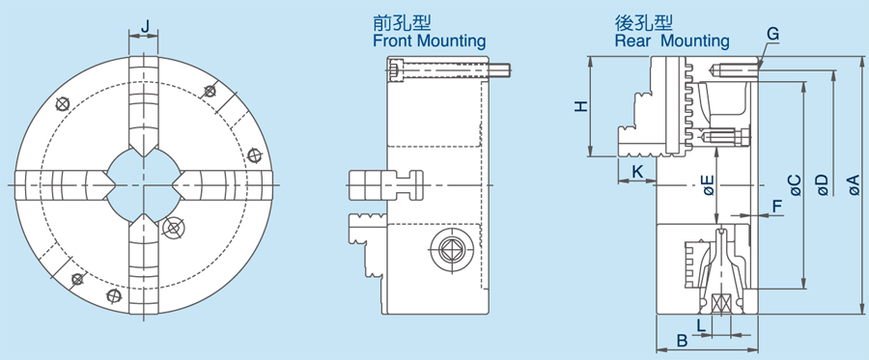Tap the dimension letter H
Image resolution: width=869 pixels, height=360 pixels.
[x=580, y=106]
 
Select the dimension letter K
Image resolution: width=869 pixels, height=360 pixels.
[x=637, y=171]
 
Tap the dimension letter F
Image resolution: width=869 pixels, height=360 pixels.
[x=777, y=206]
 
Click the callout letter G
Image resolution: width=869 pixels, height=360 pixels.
[x=772, y=34]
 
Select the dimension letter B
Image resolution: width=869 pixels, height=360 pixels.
[x=681, y=341]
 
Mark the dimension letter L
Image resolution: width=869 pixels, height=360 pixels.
[x=701, y=325]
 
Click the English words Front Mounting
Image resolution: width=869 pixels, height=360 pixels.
[x=429, y=42]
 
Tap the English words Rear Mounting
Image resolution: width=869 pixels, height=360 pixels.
[x=671, y=42]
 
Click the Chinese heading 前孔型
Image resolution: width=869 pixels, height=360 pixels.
[x=397, y=22]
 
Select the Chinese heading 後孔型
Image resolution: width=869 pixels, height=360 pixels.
[x=640, y=22]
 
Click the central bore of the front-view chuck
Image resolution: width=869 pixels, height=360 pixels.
[x=145, y=180]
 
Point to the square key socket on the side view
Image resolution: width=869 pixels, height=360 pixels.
[x=450, y=248]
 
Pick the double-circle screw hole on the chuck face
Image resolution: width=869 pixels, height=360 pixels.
[x=174, y=227]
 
